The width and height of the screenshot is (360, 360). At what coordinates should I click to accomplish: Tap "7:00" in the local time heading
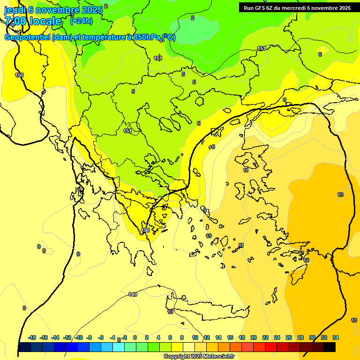click(x=16, y=21)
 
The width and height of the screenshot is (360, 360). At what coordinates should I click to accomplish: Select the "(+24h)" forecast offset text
click(x=81, y=21)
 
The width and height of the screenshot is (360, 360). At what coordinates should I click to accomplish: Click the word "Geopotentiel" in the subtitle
click(x=27, y=37)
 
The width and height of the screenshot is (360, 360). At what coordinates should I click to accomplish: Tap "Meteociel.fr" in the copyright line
click(x=217, y=357)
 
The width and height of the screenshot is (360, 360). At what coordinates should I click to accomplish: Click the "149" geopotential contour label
click(x=133, y=294)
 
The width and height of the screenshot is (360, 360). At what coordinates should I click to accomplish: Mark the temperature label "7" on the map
click(x=202, y=142)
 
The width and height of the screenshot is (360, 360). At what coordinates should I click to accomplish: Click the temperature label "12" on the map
click(x=306, y=260)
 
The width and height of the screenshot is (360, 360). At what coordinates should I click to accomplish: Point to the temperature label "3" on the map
click(x=72, y=15)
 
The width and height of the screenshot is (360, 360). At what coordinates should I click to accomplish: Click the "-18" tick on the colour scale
click(x=32, y=337)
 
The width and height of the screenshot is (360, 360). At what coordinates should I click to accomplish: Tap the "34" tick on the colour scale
click(x=336, y=337)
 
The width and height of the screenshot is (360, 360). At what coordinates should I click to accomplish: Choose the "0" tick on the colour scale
click(x=135, y=337)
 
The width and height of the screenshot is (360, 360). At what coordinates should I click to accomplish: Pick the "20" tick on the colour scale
click(x=254, y=337)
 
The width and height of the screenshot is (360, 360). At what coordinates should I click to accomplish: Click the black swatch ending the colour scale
click(x=330, y=347)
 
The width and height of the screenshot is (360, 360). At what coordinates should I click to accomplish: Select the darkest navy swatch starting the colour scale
click(x=24, y=347)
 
